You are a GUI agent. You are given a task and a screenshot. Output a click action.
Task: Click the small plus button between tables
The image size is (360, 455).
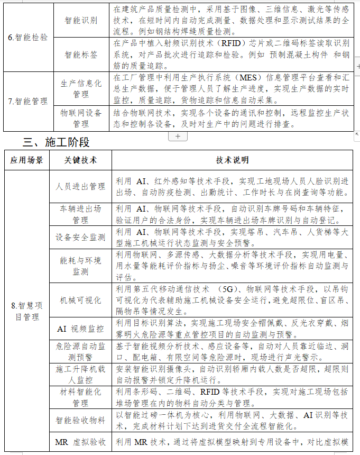coord(178,136)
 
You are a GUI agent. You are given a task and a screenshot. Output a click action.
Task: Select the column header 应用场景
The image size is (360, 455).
coord(27,160)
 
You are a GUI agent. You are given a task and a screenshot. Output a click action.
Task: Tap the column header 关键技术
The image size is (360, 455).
coord(80,160)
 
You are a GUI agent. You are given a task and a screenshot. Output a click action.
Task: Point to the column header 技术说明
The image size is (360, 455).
coord(233,160)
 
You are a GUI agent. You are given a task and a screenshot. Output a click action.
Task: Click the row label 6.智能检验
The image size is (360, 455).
coord(28,38)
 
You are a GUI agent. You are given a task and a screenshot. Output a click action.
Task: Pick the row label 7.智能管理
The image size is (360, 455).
coord(28,102)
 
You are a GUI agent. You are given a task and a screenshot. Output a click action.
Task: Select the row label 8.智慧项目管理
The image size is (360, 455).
coord(27,311)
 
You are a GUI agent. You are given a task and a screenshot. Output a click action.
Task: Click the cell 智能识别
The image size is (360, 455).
coord(81,20)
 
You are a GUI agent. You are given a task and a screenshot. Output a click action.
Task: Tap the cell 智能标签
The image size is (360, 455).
coord(81,54)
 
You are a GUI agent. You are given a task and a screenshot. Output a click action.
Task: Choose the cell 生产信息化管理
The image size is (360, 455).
coord(81,88)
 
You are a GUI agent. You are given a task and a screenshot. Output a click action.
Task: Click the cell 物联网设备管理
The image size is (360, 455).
coord(81,118)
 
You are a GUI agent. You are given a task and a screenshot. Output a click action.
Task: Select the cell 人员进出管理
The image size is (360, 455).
coord(81,186)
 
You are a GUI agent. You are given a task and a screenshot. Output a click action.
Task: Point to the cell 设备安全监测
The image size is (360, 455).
coord(81,238)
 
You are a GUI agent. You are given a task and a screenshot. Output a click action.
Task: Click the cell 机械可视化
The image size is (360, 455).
coord(81,300)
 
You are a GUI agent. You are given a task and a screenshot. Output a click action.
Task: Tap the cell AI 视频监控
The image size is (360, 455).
coord(81,329)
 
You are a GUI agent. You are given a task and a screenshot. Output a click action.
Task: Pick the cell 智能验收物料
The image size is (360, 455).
coord(81,421)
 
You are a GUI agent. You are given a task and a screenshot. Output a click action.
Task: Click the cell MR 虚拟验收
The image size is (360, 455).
coord(81,442)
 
